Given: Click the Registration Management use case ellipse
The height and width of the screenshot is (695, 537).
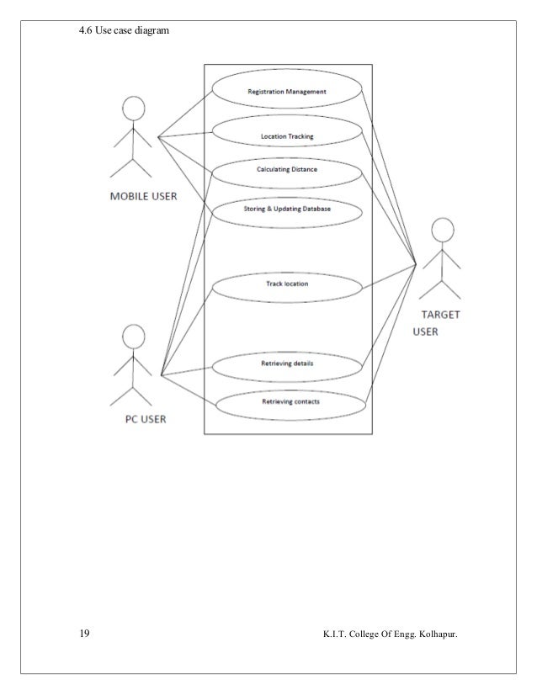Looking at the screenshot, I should tap(287, 91).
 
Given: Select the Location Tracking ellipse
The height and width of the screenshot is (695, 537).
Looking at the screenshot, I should tap(287, 135).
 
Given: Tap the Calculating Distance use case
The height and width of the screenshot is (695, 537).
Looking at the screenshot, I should tap(287, 171).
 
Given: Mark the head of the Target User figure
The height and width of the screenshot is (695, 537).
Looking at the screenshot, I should tap(442, 229).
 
